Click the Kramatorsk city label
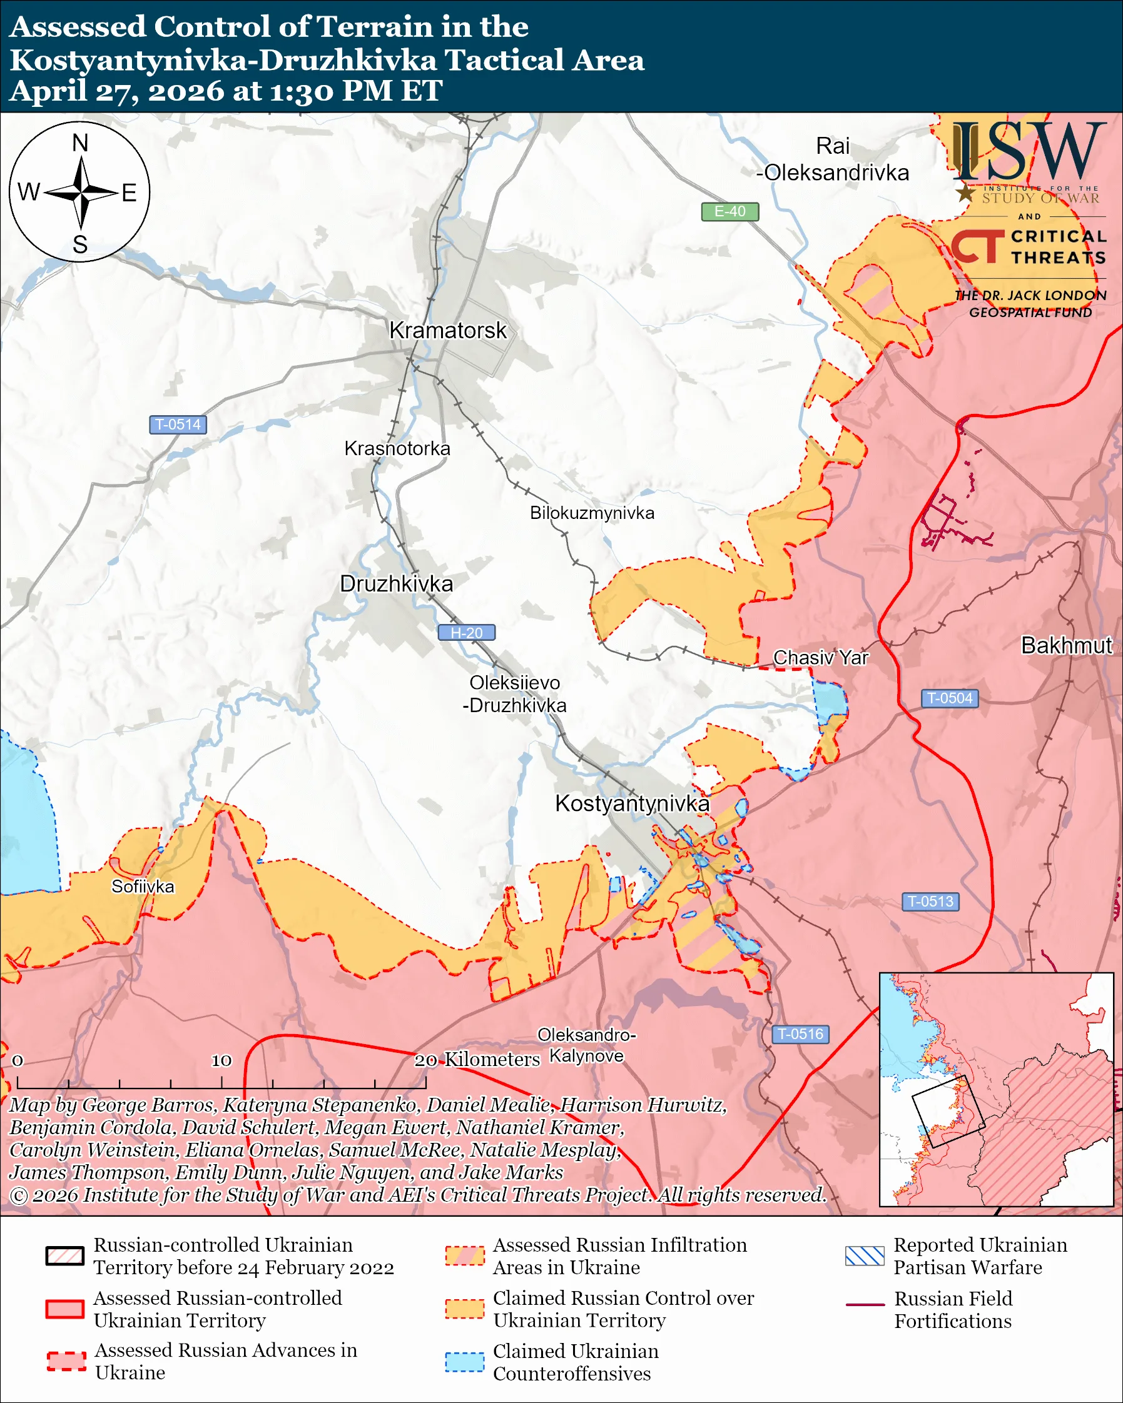pos(447,331)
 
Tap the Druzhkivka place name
pos(397,584)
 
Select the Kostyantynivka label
pos(631,803)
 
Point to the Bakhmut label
pos(1066,645)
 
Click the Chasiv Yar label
pos(820,658)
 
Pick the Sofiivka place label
pos(143,887)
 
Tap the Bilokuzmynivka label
pos(592,513)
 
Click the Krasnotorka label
pos(397,448)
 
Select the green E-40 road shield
pos(729,211)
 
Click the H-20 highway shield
pos(466,633)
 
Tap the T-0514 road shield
pos(178,425)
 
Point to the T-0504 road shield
pos(949,698)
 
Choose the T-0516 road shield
pos(800,1034)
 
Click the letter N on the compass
pos(80,143)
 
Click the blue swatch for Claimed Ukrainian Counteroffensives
pos(464,1362)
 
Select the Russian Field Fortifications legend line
pos(865,1305)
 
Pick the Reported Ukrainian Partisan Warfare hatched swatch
pos(865,1256)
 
